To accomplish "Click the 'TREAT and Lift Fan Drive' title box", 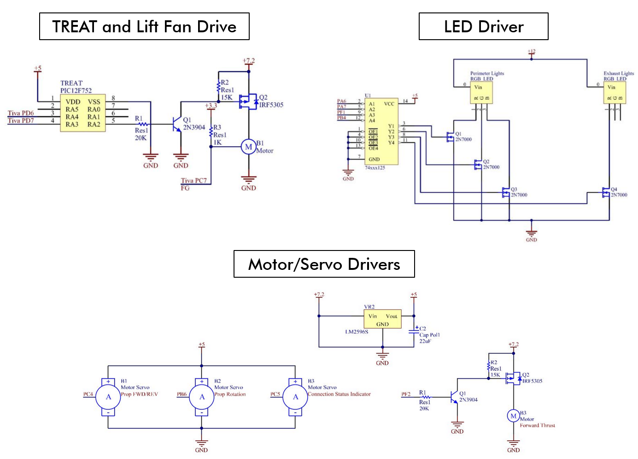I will (144, 26).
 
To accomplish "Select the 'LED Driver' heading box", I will (483, 26).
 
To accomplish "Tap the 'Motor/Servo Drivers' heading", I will (324, 264).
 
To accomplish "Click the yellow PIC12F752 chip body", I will (83, 113).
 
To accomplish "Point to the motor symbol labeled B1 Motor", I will (248, 147).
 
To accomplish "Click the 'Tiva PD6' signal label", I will (21, 113).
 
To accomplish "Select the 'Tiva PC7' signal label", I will (193, 180).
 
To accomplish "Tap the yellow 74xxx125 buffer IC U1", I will (381, 131).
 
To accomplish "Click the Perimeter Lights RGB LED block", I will (481, 92).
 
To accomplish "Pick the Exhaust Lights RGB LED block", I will (615, 92).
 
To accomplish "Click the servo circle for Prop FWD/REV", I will (108, 397).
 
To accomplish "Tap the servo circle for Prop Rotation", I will (202, 397).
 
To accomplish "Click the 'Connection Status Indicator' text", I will (339, 394).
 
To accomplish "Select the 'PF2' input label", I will (405, 394).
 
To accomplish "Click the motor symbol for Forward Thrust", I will (513, 416).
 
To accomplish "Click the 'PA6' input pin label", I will (341, 101).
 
